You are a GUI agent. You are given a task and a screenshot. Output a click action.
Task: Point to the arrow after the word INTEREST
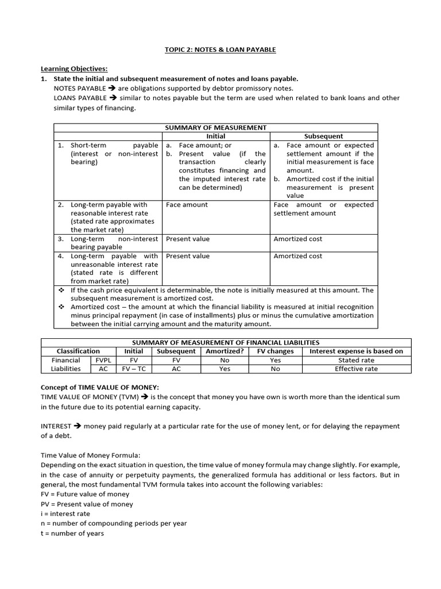[77, 426]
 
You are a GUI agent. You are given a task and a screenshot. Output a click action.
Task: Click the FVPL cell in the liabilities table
[103, 360]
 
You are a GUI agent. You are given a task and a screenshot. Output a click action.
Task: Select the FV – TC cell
[134, 369]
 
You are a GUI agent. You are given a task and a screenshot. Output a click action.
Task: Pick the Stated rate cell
[356, 360]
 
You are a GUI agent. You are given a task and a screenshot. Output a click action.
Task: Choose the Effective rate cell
[356, 369]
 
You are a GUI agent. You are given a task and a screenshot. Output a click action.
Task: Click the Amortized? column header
[225, 351]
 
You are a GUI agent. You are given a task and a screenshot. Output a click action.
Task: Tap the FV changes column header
[275, 351]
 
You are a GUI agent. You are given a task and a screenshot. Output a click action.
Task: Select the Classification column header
[78, 351]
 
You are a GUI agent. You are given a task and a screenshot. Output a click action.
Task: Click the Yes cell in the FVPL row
[275, 360]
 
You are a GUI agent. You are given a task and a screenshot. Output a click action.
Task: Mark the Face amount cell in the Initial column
[187, 205]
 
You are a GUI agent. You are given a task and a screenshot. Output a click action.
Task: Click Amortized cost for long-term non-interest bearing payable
[298, 239]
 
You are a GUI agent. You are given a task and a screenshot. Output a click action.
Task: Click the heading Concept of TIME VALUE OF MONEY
[98, 388]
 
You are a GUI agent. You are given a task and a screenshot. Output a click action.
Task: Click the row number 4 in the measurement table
[60, 256]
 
